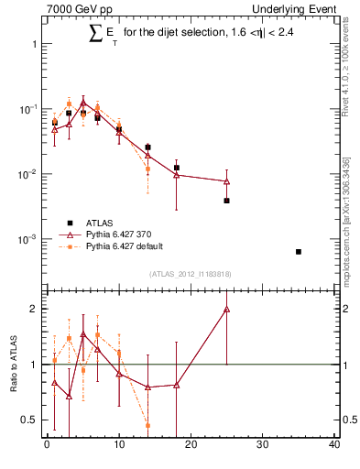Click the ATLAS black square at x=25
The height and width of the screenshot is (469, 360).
[x=226, y=201]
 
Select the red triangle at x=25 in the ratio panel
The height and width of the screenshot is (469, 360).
[x=226, y=310]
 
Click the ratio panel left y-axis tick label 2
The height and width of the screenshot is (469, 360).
[x=33, y=309]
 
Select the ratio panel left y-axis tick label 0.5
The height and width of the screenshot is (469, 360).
[x=29, y=420]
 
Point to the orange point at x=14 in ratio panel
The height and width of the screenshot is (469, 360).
[x=147, y=425]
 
